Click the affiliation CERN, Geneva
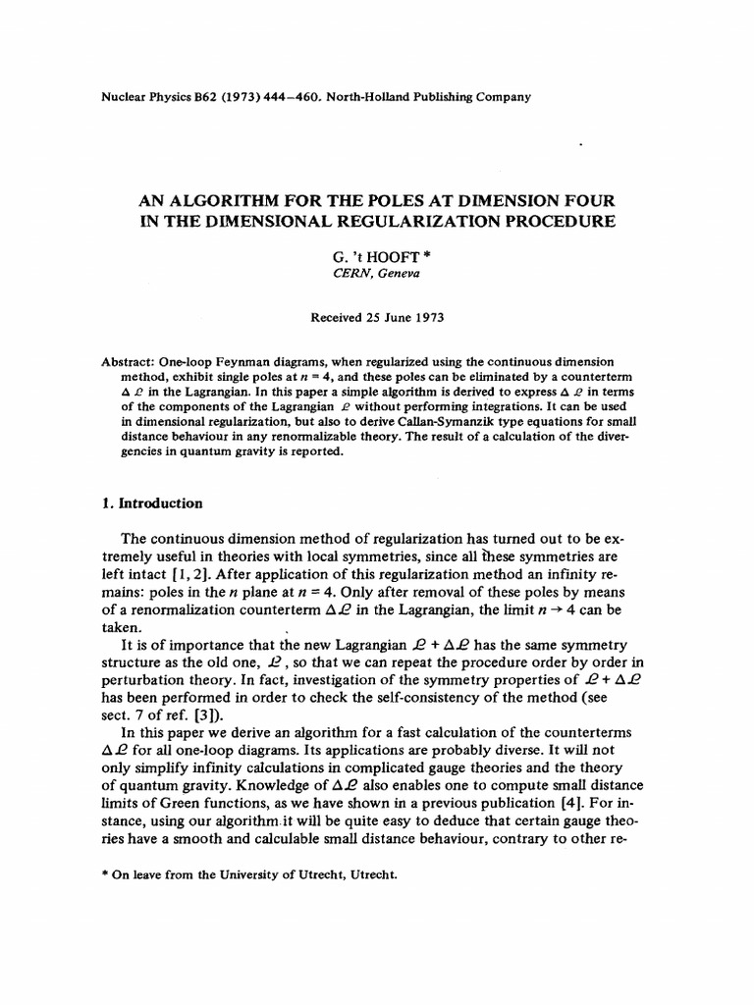378,274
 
